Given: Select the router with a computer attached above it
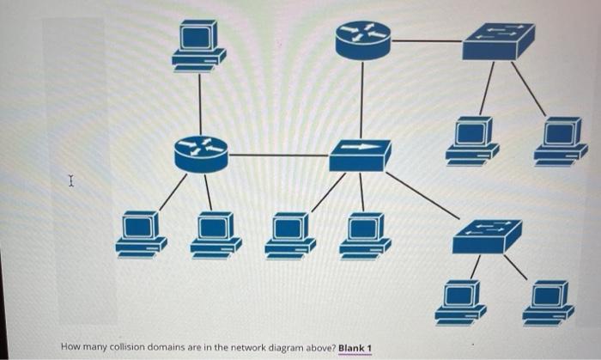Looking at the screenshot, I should (200, 155).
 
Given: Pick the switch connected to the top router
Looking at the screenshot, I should (498, 40).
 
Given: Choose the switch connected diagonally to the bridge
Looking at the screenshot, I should (487, 235).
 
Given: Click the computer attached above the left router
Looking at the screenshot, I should (199, 45).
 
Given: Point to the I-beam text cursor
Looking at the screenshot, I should (71, 181).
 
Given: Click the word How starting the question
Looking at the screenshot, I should (70, 347).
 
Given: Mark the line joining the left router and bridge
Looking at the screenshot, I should (279, 156).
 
